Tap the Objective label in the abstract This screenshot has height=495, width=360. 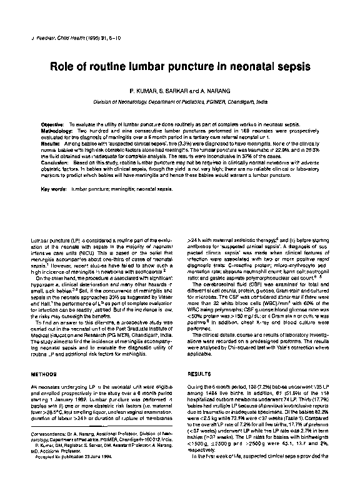click(x=52, y=125)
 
